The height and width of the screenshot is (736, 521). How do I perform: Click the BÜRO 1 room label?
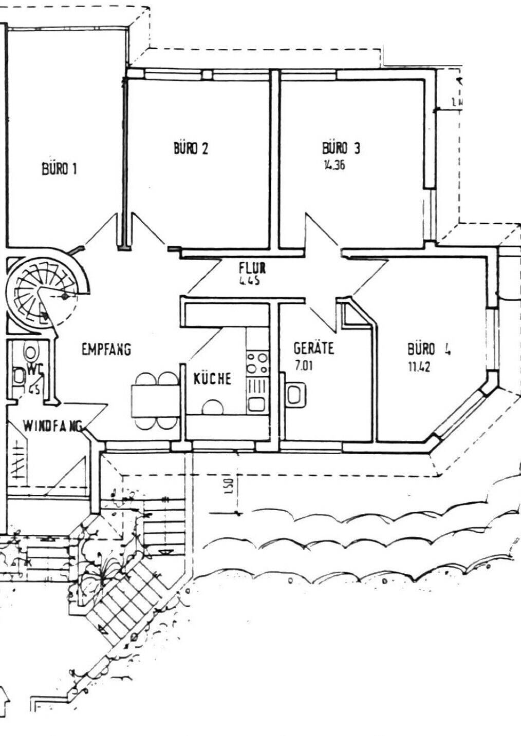[59, 169]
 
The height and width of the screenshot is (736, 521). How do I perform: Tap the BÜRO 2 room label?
[191, 149]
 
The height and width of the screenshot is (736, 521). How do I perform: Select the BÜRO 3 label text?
[341, 148]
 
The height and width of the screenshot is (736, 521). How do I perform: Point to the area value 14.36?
[333, 166]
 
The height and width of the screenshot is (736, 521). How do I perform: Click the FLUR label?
[252, 267]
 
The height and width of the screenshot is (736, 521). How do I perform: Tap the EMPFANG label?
[106, 350]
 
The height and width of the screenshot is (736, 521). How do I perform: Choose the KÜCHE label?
[212, 379]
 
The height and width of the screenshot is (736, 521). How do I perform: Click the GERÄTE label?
[313, 348]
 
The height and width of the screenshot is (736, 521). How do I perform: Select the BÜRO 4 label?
[430, 350]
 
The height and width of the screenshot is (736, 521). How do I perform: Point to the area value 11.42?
[419, 367]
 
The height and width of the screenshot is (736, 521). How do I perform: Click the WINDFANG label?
[53, 425]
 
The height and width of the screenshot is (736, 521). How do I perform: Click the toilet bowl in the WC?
[31, 352]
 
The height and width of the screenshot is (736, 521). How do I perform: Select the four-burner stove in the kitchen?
[257, 362]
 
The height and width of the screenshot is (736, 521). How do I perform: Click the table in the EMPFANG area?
[155, 400]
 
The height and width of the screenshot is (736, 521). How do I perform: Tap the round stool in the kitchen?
[212, 406]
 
